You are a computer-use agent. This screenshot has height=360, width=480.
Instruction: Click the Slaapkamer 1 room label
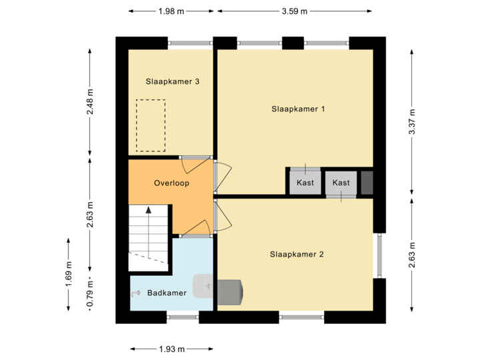coord(298,109)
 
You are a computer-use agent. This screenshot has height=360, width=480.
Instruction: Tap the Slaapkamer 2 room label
coord(297,254)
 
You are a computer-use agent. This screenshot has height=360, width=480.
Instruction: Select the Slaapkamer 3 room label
coord(173,82)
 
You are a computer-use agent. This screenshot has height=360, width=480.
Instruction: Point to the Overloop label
coord(172,183)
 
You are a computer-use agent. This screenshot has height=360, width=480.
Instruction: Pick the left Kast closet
coord(305,183)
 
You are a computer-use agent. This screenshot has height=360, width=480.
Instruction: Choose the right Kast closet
coord(341,183)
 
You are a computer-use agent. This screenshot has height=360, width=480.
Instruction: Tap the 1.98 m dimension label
coord(171,11)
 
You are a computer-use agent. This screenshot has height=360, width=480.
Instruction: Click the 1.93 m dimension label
coord(171,349)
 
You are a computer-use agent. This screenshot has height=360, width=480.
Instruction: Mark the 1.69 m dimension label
coord(69,274)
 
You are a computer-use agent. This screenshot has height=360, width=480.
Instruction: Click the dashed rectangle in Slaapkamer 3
coord(151,125)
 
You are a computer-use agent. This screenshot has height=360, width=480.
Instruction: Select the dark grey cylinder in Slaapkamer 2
coord(229,291)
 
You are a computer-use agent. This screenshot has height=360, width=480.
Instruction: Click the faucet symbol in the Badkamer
coord(135,293)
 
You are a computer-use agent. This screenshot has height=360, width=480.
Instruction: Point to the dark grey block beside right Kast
coord(367,183)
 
